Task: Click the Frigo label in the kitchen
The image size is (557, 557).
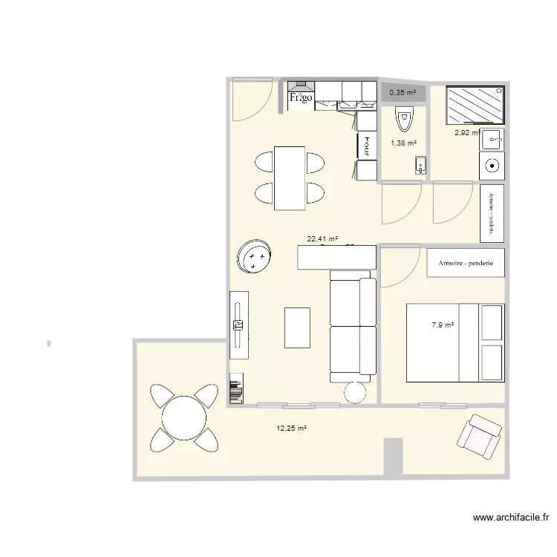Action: pyautogui.click(x=300, y=97)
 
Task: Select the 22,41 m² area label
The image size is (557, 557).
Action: pyautogui.click(x=322, y=239)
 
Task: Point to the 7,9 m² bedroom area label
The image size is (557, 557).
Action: pyautogui.click(x=443, y=325)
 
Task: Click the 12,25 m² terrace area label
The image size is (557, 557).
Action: pyautogui.click(x=292, y=428)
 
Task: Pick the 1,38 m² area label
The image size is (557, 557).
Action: pyautogui.click(x=403, y=143)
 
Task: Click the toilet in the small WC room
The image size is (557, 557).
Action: pyautogui.click(x=403, y=119)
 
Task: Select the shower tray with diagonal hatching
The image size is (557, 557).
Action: pyautogui.click(x=475, y=105)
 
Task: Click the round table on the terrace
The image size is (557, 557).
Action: pyautogui.click(x=184, y=417)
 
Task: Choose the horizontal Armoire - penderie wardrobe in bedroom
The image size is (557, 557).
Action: pyautogui.click(x=466, y=263)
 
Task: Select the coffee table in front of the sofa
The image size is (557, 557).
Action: pyautogui.click(x=297, y=328)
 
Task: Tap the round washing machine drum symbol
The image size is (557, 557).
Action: pyautogui.click(x=491, y=166)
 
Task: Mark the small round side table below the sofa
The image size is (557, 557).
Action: pyautogui.click(x=356, y=392)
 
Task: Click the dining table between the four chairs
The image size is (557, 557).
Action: pyautogui.click(x=290, y=177)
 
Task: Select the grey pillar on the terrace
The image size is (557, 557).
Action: pyautogui.click(x=393, y=456)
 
